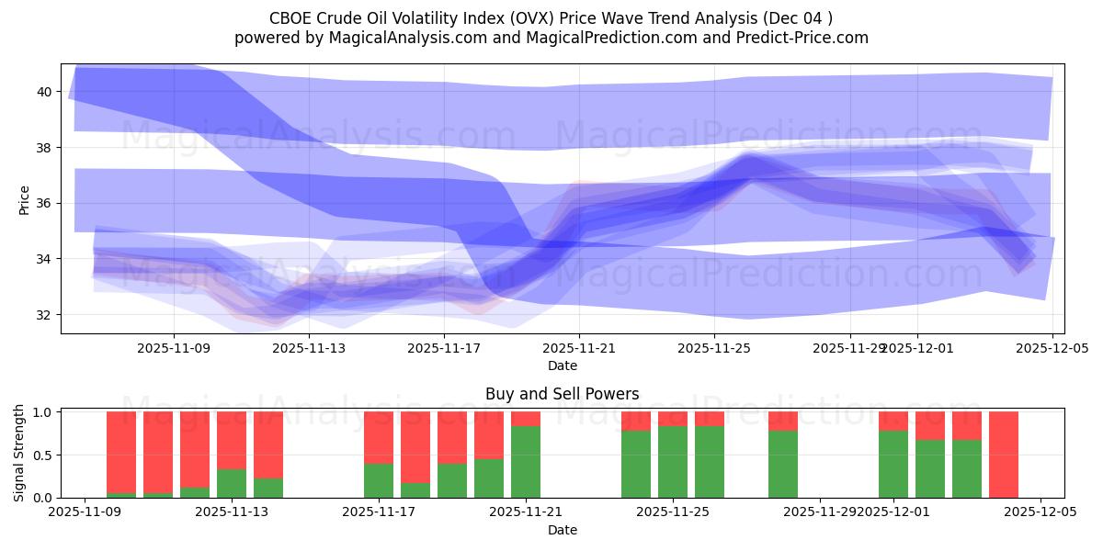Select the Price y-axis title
pyautogui.click(x=24, y=199)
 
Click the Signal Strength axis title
pyautogui.click(x=19, y=454)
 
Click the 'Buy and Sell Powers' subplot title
pyautogui.click(x=562, y=394)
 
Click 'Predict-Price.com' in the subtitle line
pyautogui.click(x=806, y=38)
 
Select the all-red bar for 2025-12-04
pyautogui.click(x=1003, y=455)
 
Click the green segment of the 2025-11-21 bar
pyautogui.click(x=526, y=462)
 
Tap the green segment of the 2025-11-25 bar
pyautogui.click(x=673, y=462)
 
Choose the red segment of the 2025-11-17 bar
pyautogui.click(x=379, y=437)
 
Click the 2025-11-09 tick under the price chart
pyautogui.click(x=175, y=348)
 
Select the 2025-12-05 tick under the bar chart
pyautogui.click(x=1040, y=512)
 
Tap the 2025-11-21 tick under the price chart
pyautogui.click(x=579, y=348)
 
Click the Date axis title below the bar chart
pyautogui.click(x=562, y=530)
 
